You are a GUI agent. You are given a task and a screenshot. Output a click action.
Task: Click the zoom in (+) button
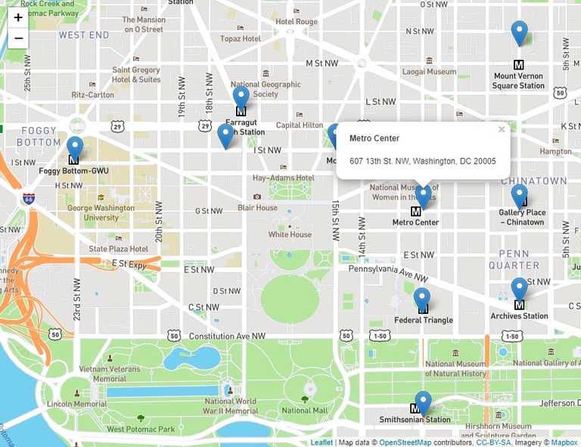(x=18, y=17)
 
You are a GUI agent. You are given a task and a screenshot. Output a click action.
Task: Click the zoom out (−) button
(x=18, y=38)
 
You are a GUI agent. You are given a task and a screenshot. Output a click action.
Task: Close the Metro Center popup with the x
(x=501, y=129)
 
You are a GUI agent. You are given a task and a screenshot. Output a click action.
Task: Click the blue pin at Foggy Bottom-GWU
(x=74, y=148)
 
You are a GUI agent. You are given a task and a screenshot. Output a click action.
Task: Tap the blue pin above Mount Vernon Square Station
(x=519, y=33)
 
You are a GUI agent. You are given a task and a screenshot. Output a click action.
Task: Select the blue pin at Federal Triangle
(x=422, y=300)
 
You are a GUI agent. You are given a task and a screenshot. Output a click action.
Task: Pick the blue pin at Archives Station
(x=519, y=290)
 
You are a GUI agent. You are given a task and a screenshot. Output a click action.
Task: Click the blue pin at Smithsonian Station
(x=423, y=402)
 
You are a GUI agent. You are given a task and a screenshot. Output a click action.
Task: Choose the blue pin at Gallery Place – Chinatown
(x=519, y=196)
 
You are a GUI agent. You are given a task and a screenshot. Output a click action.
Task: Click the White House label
(x=290, y=234)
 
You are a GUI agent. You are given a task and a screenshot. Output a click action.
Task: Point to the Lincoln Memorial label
(x=76, y=404)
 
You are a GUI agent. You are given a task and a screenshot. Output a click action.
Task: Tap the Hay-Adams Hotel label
(x=283, y=178)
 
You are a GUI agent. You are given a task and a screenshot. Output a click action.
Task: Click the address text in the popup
(x=422, y=161)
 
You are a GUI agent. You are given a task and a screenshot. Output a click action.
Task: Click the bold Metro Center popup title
(x=374, y=138)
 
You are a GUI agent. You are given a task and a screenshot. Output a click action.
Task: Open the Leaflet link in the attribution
(x=322, y=442)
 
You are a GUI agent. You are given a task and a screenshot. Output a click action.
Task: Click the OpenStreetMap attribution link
(x=404, y=442)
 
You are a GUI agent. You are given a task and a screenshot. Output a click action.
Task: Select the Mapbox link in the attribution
(x=564, y=442)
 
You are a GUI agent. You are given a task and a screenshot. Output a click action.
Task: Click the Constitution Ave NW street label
(x=227, y=336)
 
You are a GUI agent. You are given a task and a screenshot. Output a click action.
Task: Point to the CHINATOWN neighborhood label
(x=533, y=182)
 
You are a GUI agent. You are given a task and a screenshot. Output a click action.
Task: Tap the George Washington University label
(x=93, y=213)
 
